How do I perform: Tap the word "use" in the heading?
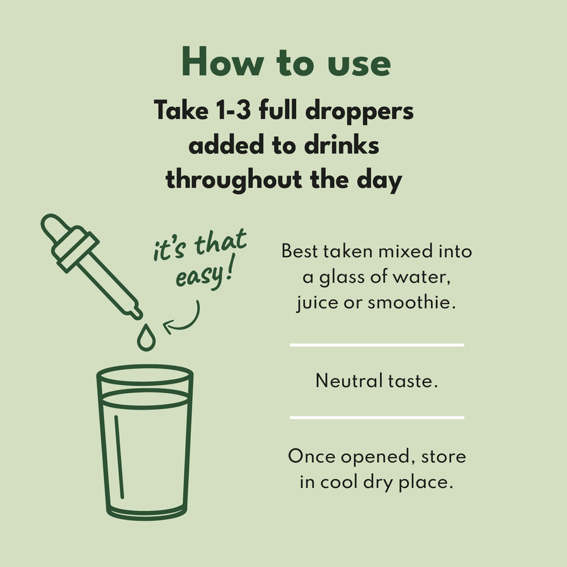(359, 64)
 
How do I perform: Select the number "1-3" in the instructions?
(233, 110)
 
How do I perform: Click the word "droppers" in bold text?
(360, 112)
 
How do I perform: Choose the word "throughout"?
(234, 180)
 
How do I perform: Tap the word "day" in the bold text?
(379, 180)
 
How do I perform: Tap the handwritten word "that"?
(220, 241)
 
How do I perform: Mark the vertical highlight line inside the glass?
(119, 457)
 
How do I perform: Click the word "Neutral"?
(349, 381)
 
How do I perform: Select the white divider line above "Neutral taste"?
(377, 345)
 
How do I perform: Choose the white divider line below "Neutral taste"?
(377, 417)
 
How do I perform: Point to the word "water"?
(421, 278)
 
